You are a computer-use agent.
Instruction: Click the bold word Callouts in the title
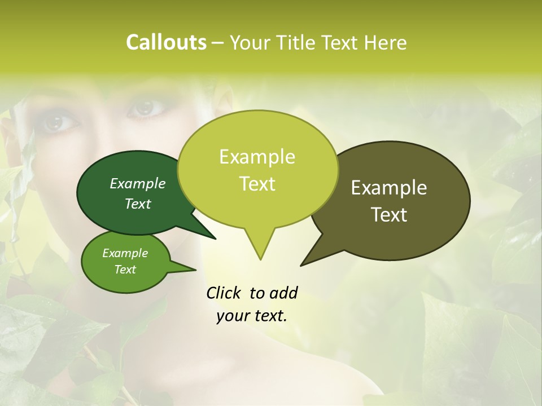167,42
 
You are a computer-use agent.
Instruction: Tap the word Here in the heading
386,42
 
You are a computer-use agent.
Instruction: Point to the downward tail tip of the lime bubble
260,259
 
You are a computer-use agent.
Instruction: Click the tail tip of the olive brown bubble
301,264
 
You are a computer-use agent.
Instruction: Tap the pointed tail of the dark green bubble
215,238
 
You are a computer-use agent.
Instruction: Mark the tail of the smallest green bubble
194,270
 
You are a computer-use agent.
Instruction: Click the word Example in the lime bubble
257,157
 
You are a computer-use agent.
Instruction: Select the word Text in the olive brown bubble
389,215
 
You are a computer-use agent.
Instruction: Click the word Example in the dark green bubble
138,183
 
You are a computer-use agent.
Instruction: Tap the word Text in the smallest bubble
125,270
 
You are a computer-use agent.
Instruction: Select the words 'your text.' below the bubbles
252,316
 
